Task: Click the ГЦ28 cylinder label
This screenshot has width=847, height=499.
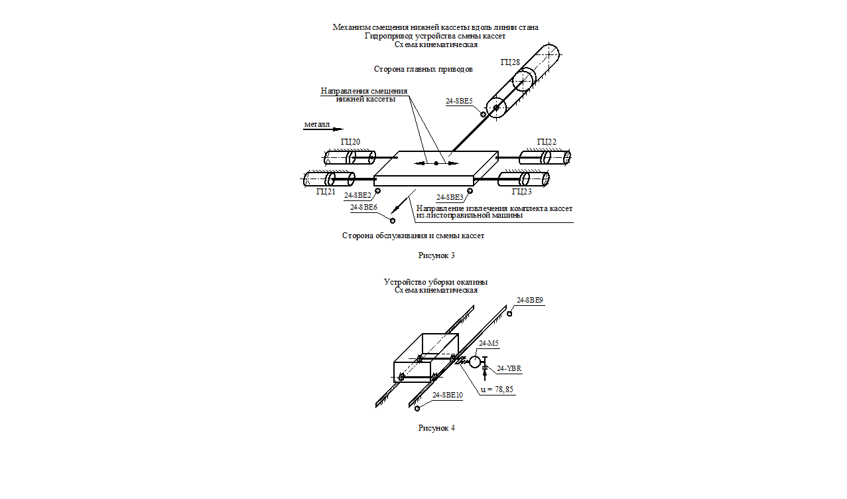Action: coord(510,62)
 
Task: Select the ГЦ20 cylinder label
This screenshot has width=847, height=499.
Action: coord(351,141)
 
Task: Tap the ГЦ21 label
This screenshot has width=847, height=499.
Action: coord(326,192)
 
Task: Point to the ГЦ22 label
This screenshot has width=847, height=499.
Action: coord(547,141)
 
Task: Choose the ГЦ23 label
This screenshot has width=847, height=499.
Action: coord(521,192)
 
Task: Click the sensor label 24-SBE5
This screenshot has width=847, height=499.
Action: coord(459,102)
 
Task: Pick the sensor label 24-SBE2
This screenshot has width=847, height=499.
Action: coord(358,196)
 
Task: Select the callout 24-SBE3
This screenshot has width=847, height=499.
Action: coord(450,197)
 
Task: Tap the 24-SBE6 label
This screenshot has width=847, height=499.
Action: coord(364,207)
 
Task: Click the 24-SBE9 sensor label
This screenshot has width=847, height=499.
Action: coord(530,300)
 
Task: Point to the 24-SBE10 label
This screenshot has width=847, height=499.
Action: coord(448,395)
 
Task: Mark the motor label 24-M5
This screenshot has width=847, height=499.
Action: coord(489,343)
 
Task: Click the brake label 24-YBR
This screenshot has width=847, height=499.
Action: coord(509,368)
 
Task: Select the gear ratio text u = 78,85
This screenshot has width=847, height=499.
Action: coord(497,390)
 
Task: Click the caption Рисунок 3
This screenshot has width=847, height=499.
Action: coord(436,255)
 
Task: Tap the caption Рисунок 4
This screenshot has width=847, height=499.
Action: coord(436,427)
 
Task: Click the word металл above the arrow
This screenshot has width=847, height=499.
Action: coord(317,124)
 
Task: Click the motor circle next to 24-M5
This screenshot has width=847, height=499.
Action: coord(475,362)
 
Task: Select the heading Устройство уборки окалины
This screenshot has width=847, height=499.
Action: coord(436,282)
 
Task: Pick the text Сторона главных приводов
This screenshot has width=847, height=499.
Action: coord(423,68)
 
